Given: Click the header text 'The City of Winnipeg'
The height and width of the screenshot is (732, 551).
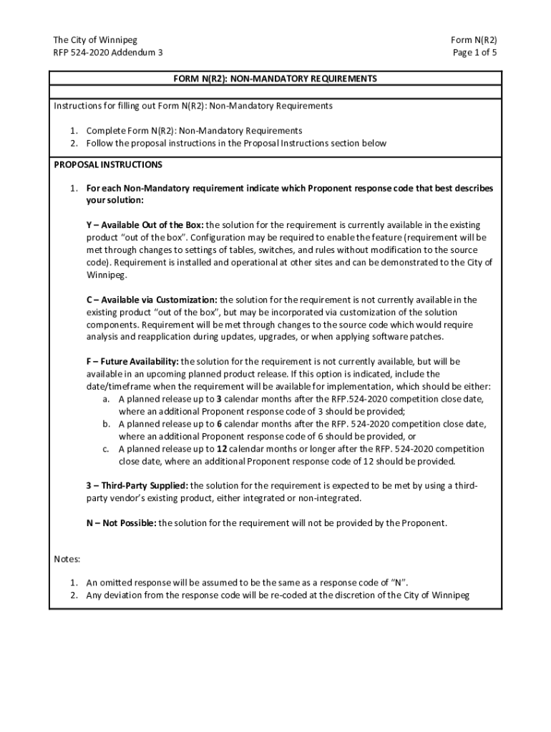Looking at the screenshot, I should pyautogui.click(x=95, y=40).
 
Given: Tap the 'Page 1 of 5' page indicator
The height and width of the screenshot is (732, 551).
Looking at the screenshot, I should pyautogui.click(x=474, y=53).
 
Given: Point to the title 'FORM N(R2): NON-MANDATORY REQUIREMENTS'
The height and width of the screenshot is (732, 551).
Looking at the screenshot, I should pyautogui.click(x=275, y=79).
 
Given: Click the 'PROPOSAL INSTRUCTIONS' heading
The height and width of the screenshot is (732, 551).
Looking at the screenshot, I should pyautogui.click(x=108, y=164).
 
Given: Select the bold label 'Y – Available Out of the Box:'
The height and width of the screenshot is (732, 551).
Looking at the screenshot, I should pyautogui.click(x=145, y=225).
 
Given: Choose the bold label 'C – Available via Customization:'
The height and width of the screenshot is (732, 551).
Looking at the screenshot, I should pyautogui.click(x=152, y=300).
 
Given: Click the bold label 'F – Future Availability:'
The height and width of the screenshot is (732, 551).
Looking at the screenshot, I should pyautogui.click(x=132, y=362).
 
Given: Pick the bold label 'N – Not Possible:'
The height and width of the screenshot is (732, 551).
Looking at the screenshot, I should pyautogui.click(x=121, y=523).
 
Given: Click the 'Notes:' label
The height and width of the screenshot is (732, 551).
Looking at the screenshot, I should pyautogui.click(x=67, y=558).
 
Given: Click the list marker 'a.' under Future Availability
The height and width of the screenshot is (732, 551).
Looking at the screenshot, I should pyautogui.click(x=106, y=399).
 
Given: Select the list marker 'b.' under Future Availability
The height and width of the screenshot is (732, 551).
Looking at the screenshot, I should pyautogui.click(x=106, y=424).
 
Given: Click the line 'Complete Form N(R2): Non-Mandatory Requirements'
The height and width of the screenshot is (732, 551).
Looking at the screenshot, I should pyautogui.click(x=194, y=131).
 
